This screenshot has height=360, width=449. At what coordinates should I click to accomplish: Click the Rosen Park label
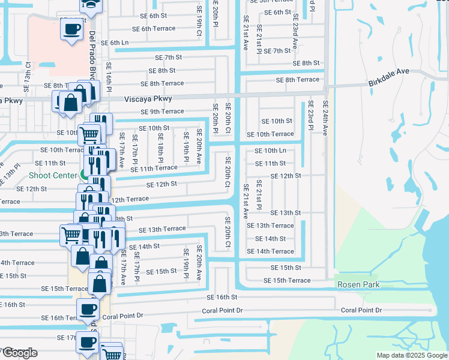358,284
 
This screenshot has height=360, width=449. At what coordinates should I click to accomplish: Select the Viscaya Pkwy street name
148,99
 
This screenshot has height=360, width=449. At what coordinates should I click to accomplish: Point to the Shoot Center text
53,175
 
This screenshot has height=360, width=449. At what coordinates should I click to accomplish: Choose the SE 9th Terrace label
162,112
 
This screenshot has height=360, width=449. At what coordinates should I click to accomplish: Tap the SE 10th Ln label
270,151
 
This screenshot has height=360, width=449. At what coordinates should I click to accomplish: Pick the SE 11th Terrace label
151,169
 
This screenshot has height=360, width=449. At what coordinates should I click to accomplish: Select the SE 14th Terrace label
270,251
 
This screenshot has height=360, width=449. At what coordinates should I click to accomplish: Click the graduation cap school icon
91,4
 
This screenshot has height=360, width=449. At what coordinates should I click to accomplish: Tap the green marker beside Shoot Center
82,175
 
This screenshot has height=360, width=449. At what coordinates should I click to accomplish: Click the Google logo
20,353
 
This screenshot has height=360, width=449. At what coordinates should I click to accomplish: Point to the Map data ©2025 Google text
412,355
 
